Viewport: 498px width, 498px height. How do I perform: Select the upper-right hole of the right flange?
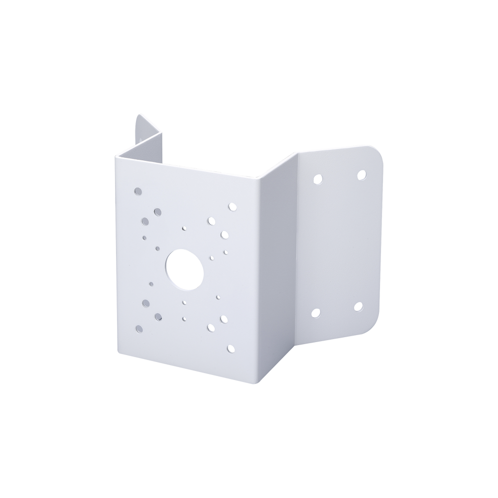pos(362,174)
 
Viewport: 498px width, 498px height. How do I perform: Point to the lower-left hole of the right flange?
pos(315,313)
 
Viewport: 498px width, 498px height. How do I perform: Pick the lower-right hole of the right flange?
pos(358,306)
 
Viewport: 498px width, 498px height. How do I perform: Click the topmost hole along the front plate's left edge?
pos(138,191)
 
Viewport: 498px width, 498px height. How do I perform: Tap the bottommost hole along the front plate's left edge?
pos(138,328)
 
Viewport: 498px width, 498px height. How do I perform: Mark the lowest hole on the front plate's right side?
pos(230,349)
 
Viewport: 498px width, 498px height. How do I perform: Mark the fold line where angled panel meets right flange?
pos(297,249)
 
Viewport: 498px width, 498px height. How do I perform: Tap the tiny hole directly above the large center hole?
pos(184,228)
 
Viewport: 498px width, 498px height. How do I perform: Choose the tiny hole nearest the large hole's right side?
pos(211,258)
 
